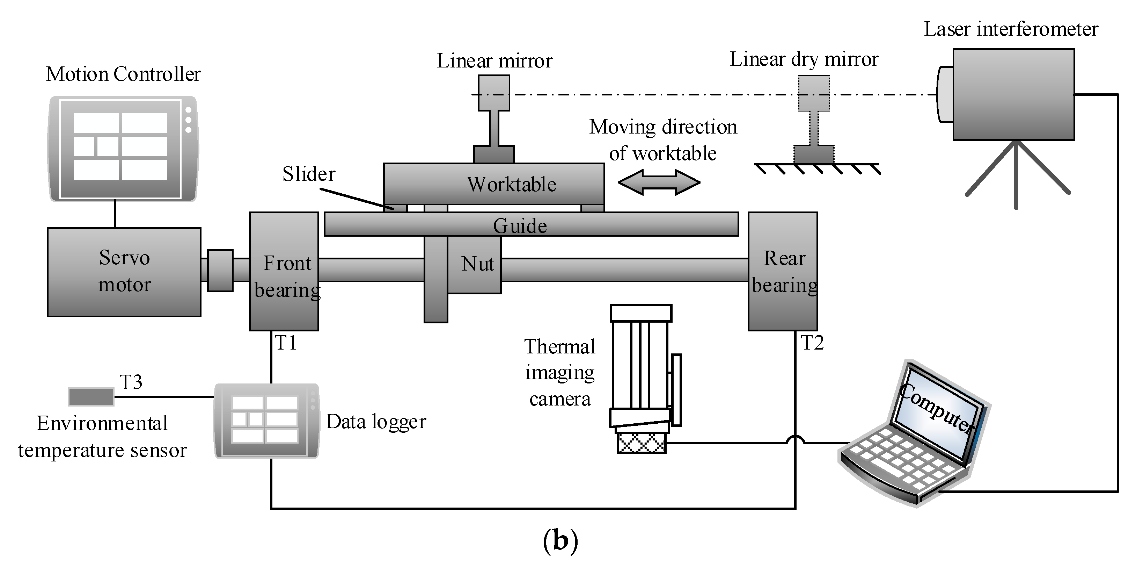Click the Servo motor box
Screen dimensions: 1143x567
pos(124,272)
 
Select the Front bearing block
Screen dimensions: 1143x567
pos(284,271)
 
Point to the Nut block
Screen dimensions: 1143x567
pos(474,265)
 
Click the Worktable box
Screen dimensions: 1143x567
pos(494,184)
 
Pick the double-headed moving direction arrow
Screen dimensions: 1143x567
pos(659,182)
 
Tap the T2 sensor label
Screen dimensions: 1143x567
pos(812,343)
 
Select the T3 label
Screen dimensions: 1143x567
pos(131,382)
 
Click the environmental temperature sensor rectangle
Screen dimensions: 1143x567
pos(91,396)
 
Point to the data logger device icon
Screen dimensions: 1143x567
pos(267,421)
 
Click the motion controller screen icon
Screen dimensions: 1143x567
pos(123,149)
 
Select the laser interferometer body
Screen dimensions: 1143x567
pos(1014,95)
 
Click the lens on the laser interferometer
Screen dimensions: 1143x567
pos(945,94)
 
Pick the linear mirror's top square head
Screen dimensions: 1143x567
pos(494,93)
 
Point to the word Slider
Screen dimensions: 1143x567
pos(309,174)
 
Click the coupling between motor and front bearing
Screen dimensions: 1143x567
pos(220,271)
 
